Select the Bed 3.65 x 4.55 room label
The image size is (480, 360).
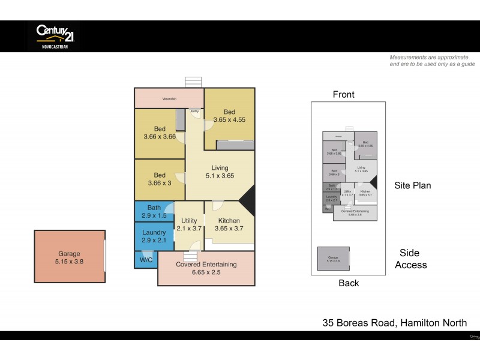pos(229,116)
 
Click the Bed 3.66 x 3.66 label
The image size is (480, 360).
pos(159,133)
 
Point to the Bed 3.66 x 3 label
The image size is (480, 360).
pos(159,179)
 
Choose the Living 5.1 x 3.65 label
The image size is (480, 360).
pos(219,172)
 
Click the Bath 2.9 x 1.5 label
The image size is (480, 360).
pos(154,211)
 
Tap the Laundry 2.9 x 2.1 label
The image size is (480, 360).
pos(154,236)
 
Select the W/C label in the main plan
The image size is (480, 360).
pos(145,260)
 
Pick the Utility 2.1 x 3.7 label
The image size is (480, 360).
pos(189,225)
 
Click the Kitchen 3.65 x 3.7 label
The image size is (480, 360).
pos(229,225)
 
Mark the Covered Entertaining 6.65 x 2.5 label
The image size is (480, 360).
pos(206,268)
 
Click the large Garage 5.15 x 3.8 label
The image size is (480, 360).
pos(68,258)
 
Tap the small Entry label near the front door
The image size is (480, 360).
pos(194,111)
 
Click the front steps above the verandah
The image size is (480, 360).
pos(194,82)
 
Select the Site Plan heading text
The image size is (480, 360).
pos(412,185)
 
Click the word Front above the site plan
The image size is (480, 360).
pos(343,94)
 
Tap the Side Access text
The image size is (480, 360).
pos(410,259)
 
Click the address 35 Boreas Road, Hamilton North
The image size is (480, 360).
pos(394,323)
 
